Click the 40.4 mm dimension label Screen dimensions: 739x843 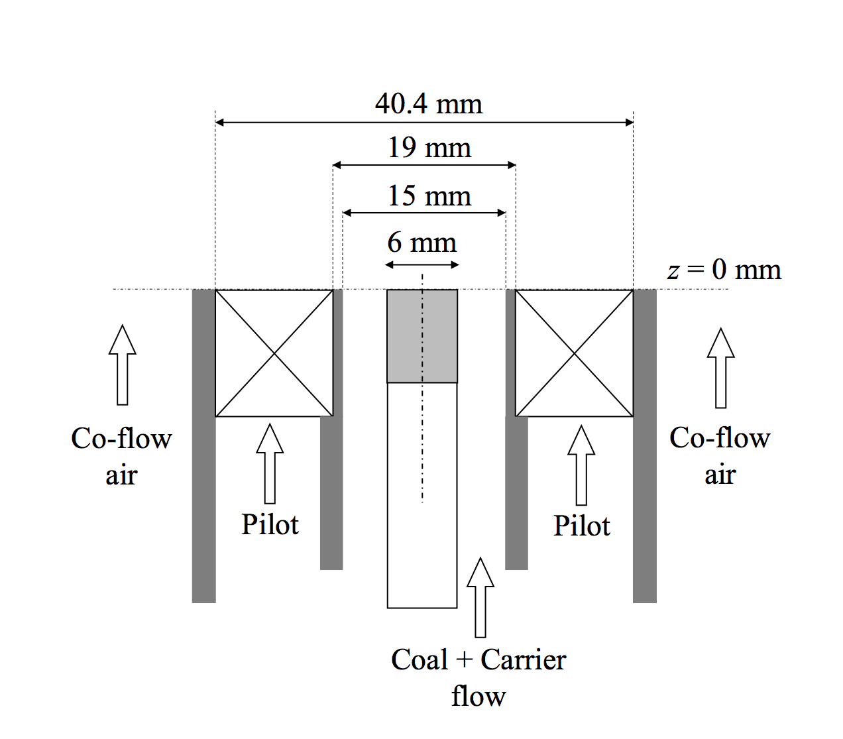pyautogui.click(x=428, y=104)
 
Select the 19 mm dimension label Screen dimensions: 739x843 pyautogui.click(x=429, y=147)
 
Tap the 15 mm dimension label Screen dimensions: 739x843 pyautogui.click(x=429, y=196)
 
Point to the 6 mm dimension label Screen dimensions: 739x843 pyautogui.click(x=421, y=243)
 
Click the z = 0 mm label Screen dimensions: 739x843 pyautogui.click(x=724, y=270)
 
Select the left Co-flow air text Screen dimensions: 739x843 pyautogui.click(x=121, y=456)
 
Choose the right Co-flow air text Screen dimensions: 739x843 pyautogui.click(x=720, y=455)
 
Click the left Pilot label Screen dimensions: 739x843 pyautogui.click(x=270, y=524)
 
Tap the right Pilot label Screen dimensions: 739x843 pyautogui.click(x=581, y=526)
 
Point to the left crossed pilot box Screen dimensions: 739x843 pyautogui.click(x=274, y=353)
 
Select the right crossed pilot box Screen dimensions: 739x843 pyautogui.click(x=574, y=353)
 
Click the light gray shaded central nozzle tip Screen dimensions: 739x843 pyautogui.click(x=422, y=336)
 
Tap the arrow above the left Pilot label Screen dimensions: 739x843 pyautogui.click(x=270, y=463)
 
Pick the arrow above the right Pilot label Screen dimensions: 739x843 pyautogui.click(x=581, y=465)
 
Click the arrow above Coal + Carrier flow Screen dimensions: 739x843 pyautogui.click(x=480, y=597)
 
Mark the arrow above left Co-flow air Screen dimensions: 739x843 pyautogui.click(x=123, y=365)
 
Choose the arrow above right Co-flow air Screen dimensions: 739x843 pyautogui.click(x=721, y=368)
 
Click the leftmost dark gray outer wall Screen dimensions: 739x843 pyautogui.click(x=203, y=445)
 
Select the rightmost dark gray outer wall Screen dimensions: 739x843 pyautogui.click(x=644, y=445)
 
